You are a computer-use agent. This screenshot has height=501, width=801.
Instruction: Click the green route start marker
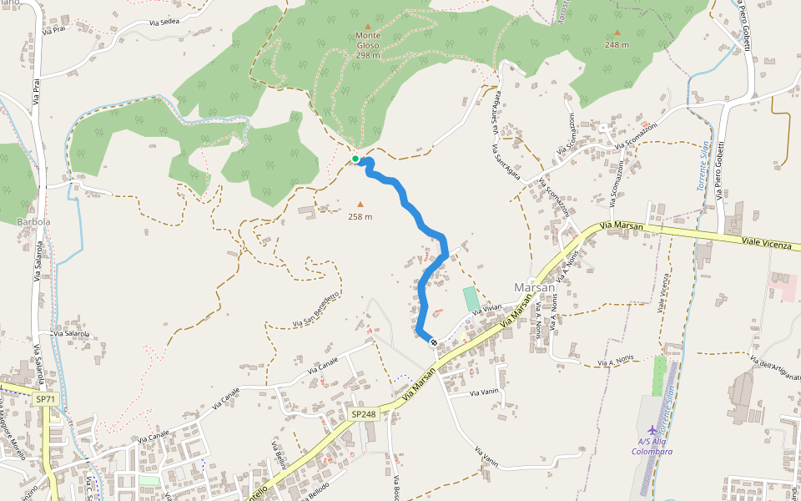pyautogui.click(x=355, y=159)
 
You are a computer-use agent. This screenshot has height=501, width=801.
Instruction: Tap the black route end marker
pyautogui.click(x=434, y=342)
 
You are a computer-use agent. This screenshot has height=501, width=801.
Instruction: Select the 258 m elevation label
pyautogui.click(x=360, y=217)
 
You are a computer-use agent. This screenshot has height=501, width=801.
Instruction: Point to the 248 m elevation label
pyautogui.click(x=617, y=45)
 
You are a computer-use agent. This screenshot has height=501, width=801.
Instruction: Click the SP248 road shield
pyautogui.click(x=363, y=414)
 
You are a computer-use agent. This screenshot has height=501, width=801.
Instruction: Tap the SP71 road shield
pyautogui.click(x=45, y=400)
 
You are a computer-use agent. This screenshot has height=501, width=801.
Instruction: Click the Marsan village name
pyautogui.click(x=535, y=287)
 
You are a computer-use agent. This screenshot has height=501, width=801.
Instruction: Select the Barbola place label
pyautogui.click(x=33, y=222)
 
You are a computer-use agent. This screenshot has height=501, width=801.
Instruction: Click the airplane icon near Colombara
pyautogui.click(x=652, y=429)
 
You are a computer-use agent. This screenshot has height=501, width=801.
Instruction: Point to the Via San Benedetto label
pyautogui.click(x=315, y=309)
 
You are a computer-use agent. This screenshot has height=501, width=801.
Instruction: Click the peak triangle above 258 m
pyautogui.click(x=360, y=204)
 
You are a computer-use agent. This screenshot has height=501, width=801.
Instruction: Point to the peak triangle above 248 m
pyautogui.click(x=617, y=33)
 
